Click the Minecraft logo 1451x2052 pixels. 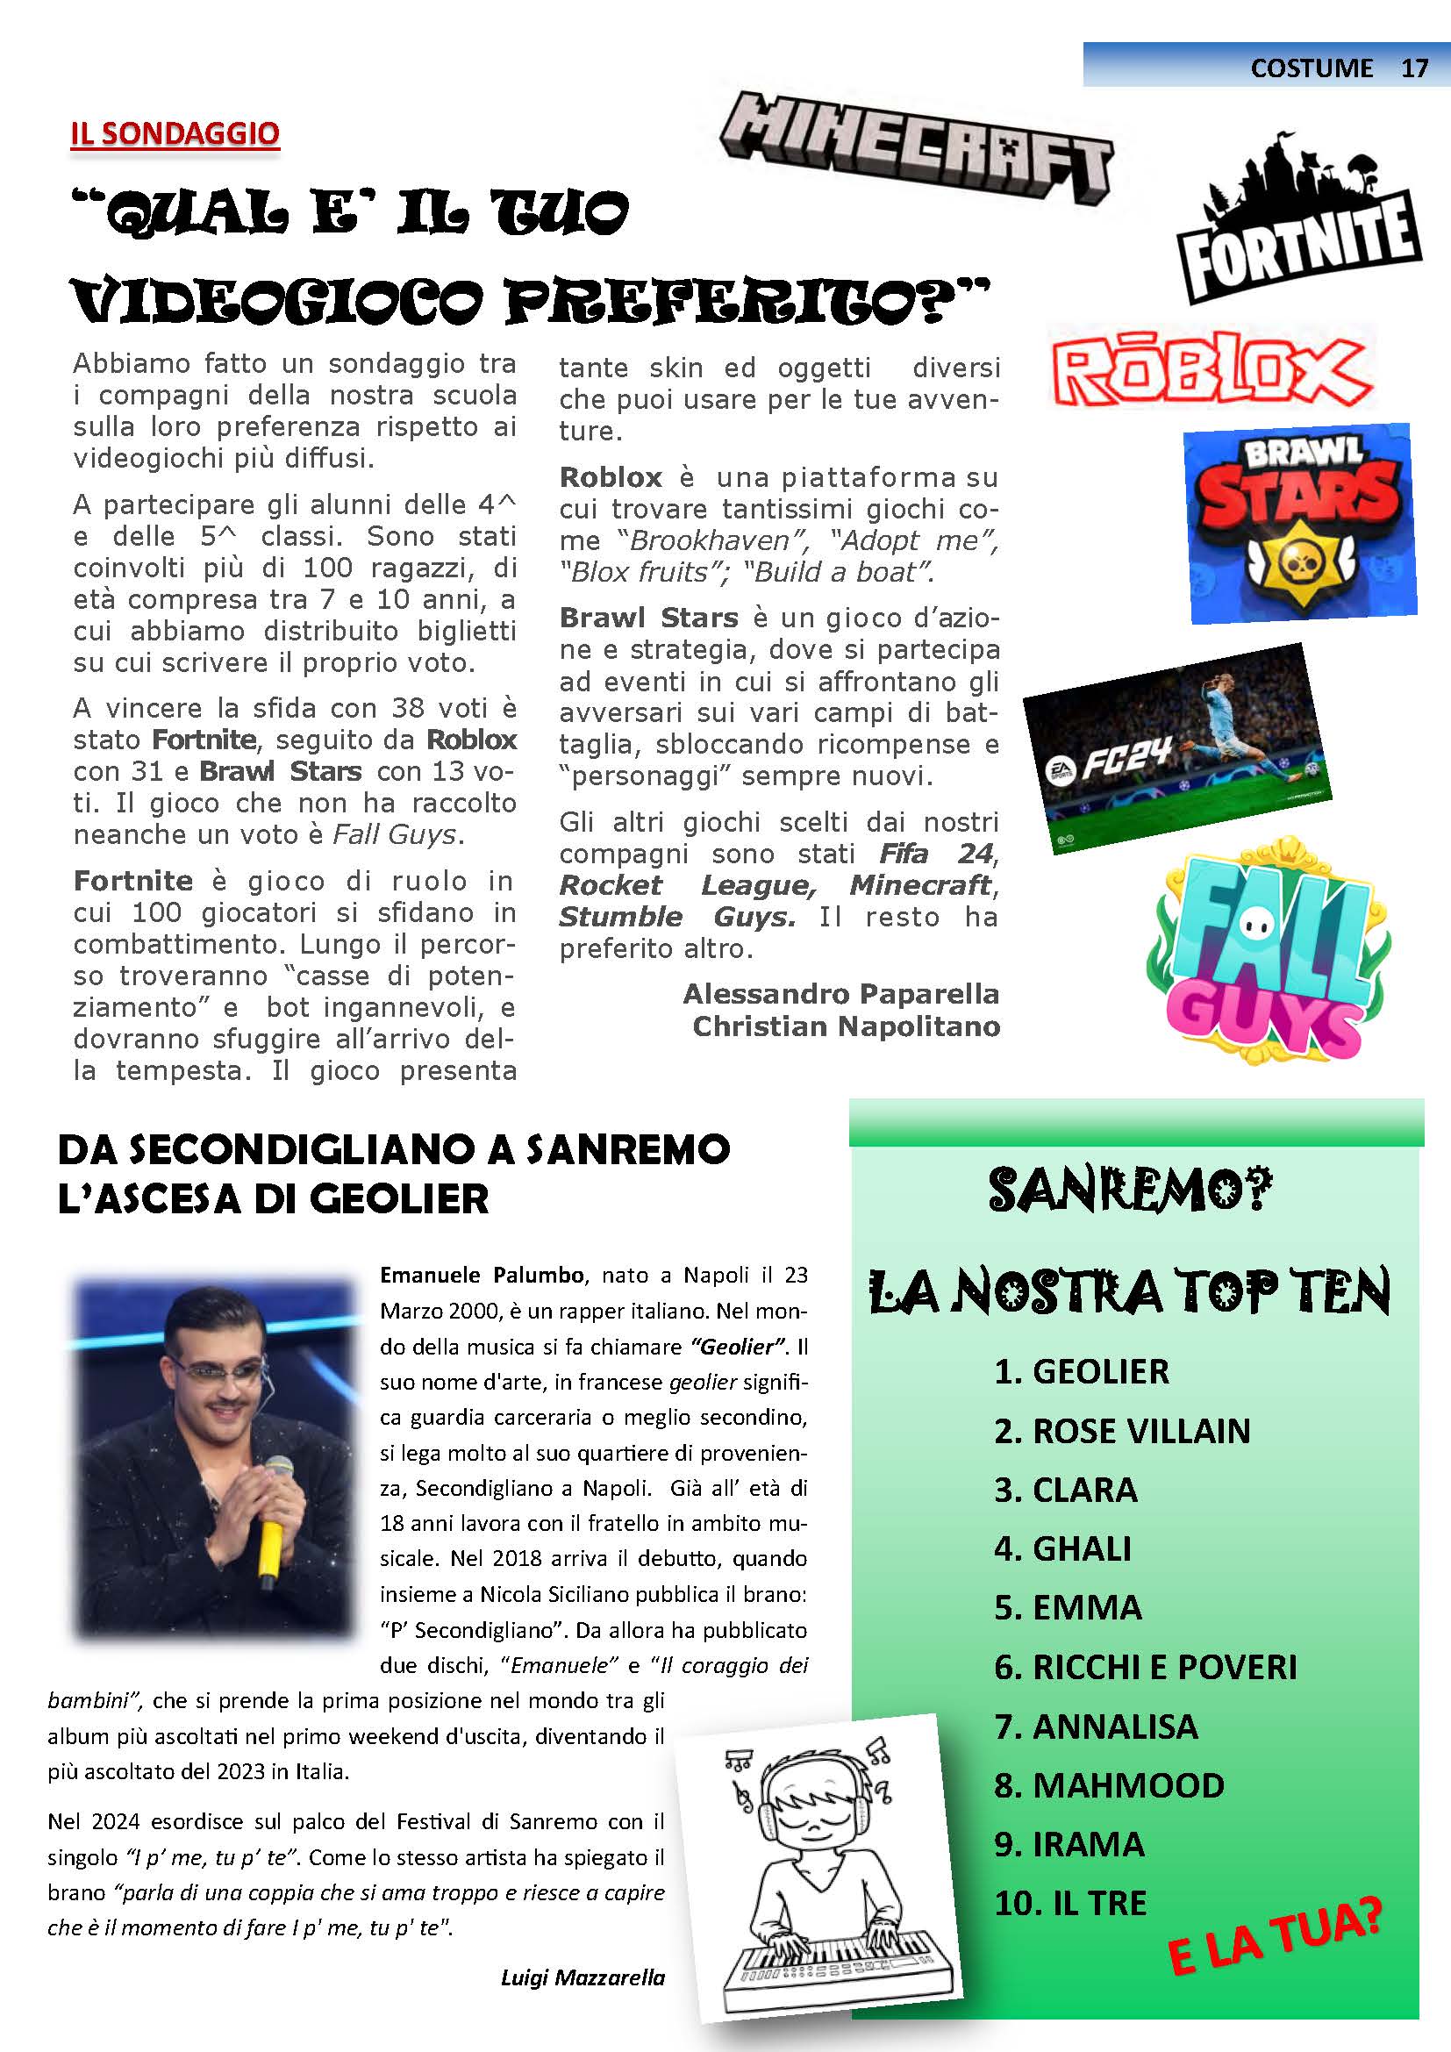[916, 147]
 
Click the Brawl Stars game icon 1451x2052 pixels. [1300, 523]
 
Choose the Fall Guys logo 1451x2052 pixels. [1269, 952]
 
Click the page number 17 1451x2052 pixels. [1414, 68]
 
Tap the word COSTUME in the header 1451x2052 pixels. [1311, 68]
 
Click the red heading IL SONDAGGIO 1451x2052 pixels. [175, 134]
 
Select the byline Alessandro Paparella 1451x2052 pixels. [840, 994]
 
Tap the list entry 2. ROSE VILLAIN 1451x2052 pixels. [1121, 1431]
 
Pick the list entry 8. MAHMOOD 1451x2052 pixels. [1109, 1784]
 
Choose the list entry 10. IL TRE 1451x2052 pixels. [1070, 1903]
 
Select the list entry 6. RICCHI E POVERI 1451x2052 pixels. [1145, 1667]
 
